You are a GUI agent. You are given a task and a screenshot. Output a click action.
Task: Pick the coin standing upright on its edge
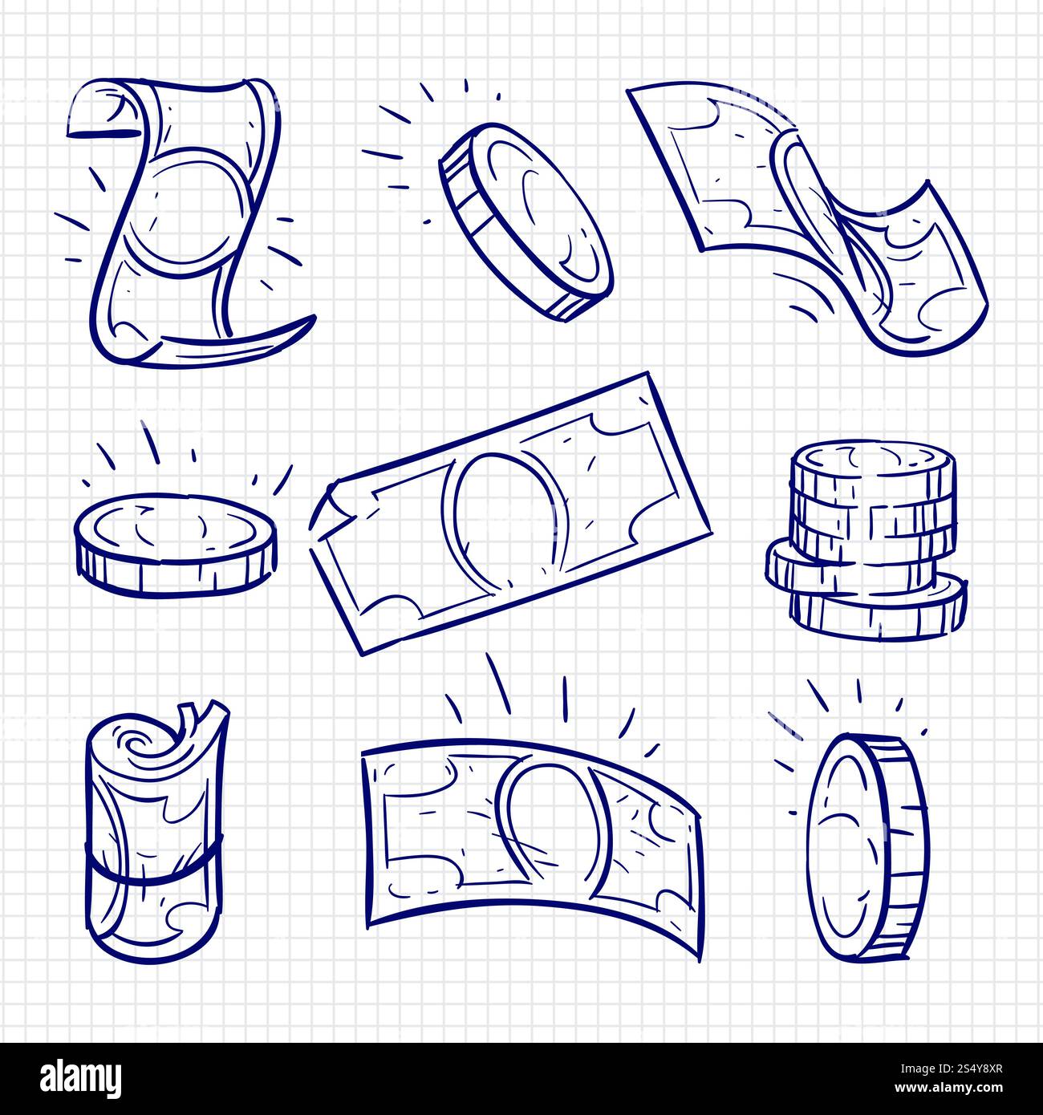coord(862,846)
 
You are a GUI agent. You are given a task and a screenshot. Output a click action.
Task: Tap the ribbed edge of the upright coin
coord(903,846)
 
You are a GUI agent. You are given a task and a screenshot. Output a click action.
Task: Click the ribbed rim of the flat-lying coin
coord(177,574)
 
